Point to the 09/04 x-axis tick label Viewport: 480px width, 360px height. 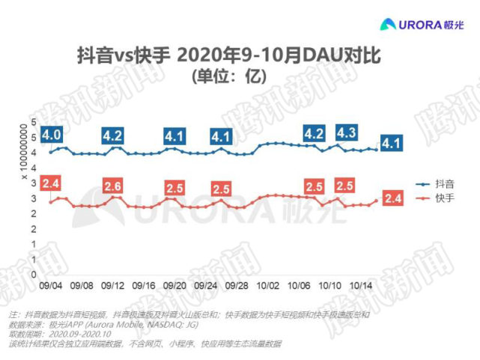click(51, 286)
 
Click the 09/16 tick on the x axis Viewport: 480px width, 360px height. click(143, 286)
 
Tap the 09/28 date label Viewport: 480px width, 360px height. click(237, 286)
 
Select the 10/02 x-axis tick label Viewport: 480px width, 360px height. click(268, 286)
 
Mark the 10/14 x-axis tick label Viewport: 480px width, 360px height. click(361, 286)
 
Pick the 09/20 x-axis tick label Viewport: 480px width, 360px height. click(174, 286)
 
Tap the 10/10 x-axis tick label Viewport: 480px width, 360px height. click(329, 286)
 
